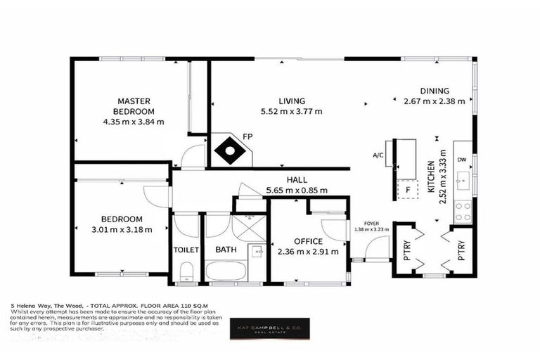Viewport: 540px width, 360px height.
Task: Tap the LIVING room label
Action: pos(291,100)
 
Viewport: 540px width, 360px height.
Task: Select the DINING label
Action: pos(434,90)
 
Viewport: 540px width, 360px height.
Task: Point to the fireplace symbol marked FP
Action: pos(230,150)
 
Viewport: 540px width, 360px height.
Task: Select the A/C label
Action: pos(378,156)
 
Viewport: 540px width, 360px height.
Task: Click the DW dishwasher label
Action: pos(461,160)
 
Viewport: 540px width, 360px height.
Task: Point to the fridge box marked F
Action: pos(406,190)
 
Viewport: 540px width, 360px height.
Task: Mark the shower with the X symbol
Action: pos(248,228)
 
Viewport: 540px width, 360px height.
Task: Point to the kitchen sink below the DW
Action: pos(462,184)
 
